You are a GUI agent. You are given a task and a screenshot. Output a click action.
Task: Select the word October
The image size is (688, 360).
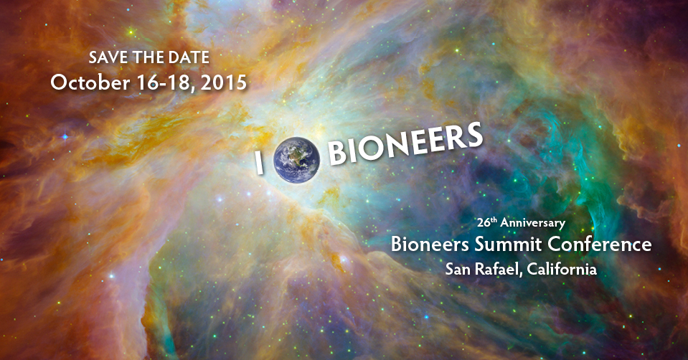point(90,82)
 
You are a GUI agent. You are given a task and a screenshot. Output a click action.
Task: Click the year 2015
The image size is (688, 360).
point(224,83)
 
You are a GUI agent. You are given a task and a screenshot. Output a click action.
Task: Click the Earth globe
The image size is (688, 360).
point(296,160)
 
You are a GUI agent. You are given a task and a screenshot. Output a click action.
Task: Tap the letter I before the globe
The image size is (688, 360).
point(260,163)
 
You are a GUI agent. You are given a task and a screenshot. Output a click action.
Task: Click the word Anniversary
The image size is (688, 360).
point(532,223)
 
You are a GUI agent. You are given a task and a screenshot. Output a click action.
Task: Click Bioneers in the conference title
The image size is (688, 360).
point(430,245)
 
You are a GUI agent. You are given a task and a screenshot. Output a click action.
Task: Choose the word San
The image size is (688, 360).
point(458,269)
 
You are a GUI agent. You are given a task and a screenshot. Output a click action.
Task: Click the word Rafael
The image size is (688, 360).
point(499,269)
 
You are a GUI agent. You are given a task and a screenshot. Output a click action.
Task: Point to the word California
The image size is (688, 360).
point(562,268)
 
